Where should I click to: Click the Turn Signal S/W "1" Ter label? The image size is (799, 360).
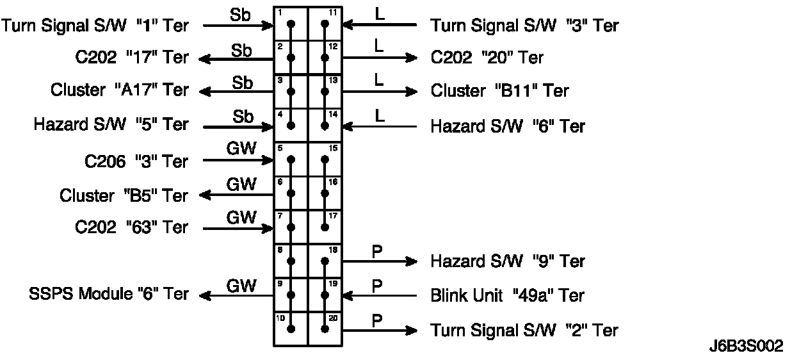point(95,26)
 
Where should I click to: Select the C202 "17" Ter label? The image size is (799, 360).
point(131,58)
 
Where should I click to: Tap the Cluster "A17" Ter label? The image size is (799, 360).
point(120,90)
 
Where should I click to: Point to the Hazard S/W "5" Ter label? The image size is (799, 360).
point(111,124)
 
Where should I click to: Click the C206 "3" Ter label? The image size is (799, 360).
point(136,161)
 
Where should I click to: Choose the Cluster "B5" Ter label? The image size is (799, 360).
point(124,195)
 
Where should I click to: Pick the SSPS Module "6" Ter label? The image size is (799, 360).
point(109,295)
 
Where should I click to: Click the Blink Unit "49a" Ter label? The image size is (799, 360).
point(508,296)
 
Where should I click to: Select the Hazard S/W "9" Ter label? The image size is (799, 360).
point(508,261)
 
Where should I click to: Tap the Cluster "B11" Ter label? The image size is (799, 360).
point(499,91)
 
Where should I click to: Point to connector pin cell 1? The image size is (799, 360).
point(291,24)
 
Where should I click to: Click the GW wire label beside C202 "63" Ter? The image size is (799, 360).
point(241,218)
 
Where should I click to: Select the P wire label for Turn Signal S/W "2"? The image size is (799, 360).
point(377,320)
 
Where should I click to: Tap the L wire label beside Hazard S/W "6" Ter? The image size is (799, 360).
point(380,116)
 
